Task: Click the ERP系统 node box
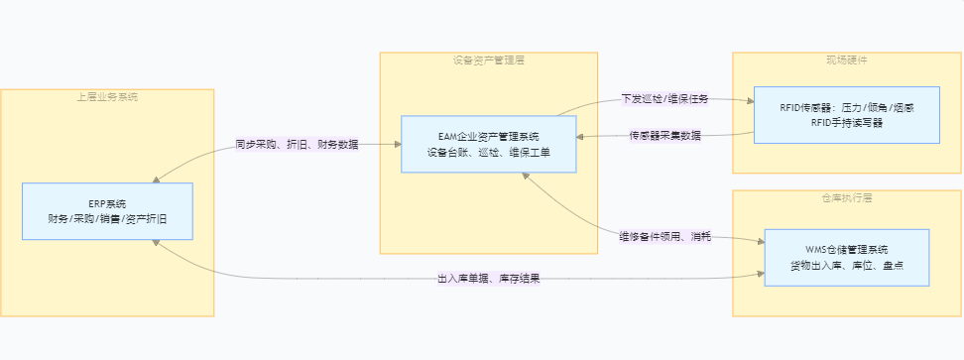coord(107,210)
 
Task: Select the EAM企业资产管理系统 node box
coord(489,144)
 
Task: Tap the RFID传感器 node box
coord(847,115)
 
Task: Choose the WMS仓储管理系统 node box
coord(847,258)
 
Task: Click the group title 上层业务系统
coord(107,96)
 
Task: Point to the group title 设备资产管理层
coord(489,60)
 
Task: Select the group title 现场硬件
coord(847,60)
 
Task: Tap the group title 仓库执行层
coord(847,197)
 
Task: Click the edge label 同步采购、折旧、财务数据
coord(297,145)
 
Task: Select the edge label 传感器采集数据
coord(665,135)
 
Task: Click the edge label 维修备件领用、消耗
coord(665,236)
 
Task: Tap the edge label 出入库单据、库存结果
coord(489,279)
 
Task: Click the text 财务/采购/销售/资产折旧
coord(107,218)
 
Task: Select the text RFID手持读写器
coord(847,122)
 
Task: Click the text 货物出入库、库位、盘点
coord(847,265)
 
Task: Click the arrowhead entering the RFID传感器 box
coord(751,100)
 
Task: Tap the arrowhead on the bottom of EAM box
coord(526,177)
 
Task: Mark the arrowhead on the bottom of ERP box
coord(156,243)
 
